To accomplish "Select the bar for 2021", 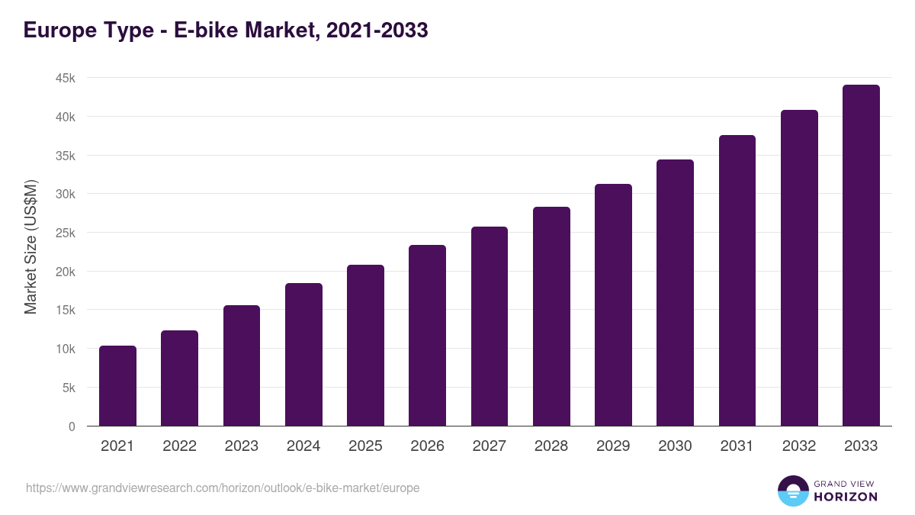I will pos(117,386).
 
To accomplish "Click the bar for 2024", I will pos(303,355).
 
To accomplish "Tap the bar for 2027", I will pos(490,327).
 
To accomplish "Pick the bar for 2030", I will pos(675,293).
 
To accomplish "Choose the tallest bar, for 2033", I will pos(861,256).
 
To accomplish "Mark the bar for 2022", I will pos(179,378).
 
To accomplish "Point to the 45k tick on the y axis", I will pos(64,79).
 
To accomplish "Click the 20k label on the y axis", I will pos(64,272).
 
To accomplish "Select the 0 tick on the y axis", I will pos(72,426).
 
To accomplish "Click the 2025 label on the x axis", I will pos(365,446).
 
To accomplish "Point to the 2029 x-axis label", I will pos(613,446).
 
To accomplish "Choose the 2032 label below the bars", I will pos(799,446).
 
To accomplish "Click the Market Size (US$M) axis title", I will pos(31,246).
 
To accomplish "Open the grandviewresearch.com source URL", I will pos(223,488).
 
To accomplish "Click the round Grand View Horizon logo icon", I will pos(792,491).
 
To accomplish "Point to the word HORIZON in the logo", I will pos(846,497).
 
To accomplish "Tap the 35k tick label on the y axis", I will pos(64,156).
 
